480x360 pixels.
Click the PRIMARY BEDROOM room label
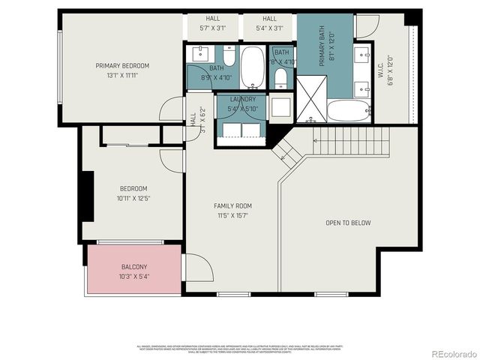tap(122, 66)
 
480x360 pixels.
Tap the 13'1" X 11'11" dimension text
tap(122, 75)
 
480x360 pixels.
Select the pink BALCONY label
tap(134, 267)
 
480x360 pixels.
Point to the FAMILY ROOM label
tap(232, 205)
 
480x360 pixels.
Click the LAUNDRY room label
tap(243, 99)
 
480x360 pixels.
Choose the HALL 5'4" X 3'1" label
tap(269, 24)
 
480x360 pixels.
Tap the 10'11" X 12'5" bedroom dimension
tap(134, 198)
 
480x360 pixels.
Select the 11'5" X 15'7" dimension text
tap(232, 215)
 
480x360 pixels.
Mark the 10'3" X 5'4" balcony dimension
tap(134, 277)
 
